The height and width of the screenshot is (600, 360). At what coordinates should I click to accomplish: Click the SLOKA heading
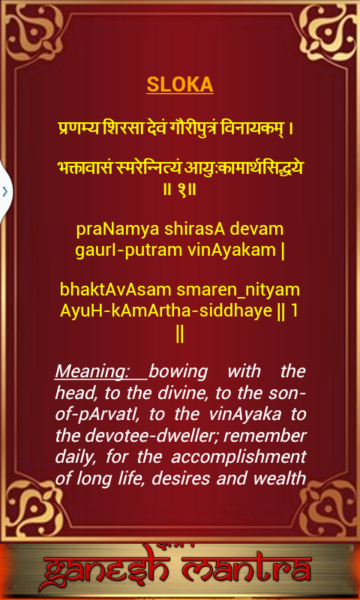point(180,85)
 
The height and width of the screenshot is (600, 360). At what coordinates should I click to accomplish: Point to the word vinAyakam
point(232,250)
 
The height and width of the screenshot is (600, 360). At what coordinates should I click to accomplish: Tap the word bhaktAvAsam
point(115,289)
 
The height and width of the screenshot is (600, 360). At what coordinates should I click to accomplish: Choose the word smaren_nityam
point(238,290)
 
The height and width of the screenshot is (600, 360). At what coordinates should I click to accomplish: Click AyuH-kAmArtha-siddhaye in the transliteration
point(166,311)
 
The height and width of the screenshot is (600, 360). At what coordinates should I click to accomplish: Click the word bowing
point(178,372)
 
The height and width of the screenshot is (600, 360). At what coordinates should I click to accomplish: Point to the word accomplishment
point(238,457)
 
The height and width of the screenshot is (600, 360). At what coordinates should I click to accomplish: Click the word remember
point(262,436)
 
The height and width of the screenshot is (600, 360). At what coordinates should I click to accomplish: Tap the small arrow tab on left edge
point(5,191)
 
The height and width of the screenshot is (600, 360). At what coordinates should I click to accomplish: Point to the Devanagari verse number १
point(181,190)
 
